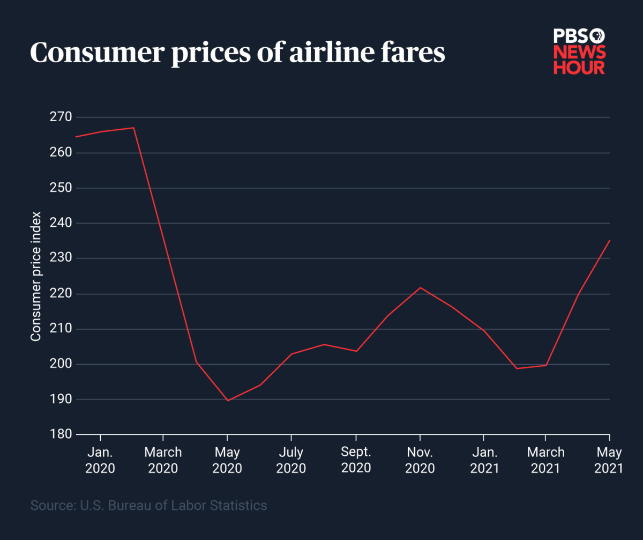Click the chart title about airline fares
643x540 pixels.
click(237, 54)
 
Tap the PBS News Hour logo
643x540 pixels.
click(579, 51)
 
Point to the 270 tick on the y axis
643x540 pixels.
click(56, 117)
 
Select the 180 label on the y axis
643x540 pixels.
click(56, 434)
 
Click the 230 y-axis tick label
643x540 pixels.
click(56, 258)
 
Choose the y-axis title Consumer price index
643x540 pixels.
click(36, 276)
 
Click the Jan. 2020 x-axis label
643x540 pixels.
click(100, 460)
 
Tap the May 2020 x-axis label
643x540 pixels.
click(227, 460)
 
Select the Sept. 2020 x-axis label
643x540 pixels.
click(356, 460)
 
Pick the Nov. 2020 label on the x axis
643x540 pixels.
click(420, 460)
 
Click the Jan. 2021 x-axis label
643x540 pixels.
click(484, 460)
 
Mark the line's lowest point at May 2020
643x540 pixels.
click(228, 401)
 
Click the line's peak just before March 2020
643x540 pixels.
click(133, 128)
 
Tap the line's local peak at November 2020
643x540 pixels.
click(420, 287)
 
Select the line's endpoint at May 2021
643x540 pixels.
click(609, 240)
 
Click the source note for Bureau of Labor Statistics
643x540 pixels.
click(148, 505)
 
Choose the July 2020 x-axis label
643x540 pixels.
click(291, 460)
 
